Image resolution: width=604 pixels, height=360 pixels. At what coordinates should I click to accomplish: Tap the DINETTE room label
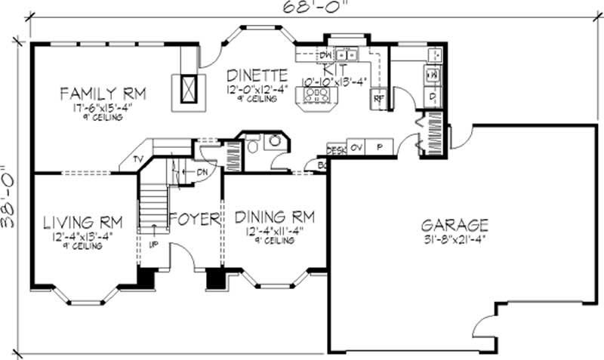pyautogui.click(x=257, y=75)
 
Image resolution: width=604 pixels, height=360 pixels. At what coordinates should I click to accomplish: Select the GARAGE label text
pyautogui.click(x=455, y=225)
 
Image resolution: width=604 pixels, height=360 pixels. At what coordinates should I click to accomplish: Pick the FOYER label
pyautogui.click(x=194, y=219)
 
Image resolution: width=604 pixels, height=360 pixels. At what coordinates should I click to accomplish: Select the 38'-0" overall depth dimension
pyautogui.click(x=10, y=198)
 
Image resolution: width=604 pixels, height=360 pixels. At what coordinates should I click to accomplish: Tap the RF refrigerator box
pyautogui.click(x=376, y=97)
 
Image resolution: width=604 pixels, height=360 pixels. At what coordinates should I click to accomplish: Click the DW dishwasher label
pyautogui.click(x=325, y=55)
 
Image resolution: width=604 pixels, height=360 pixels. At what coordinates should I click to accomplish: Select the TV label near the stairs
pyautogui.click(x=137, y=159)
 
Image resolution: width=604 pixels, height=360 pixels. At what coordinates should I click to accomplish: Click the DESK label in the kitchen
pyautogui.click(x=335, y=149)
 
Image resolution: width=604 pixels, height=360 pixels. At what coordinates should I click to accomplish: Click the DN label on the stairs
pyautogui.click(x=202, y=172)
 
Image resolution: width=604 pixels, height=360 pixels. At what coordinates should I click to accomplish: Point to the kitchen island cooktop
pyautogui.click(x=317, y=95)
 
